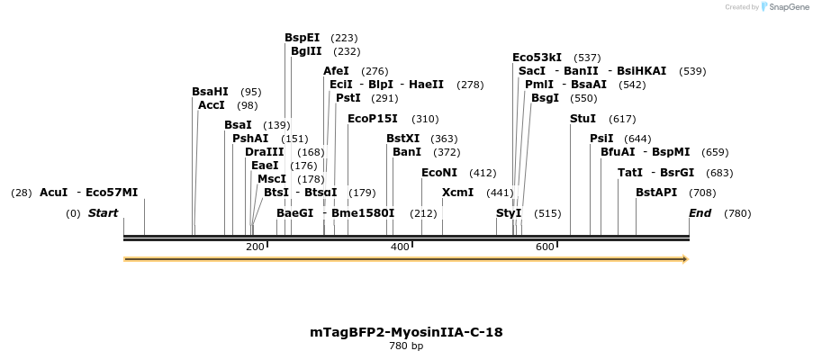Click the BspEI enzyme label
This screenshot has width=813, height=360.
point(302,38)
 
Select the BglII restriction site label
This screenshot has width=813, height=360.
point(306,51)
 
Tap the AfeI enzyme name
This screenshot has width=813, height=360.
point(336,71)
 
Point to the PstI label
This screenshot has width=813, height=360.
point(348,98)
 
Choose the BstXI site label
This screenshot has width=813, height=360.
point(402,139)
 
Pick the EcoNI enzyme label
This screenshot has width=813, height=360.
point(439,173)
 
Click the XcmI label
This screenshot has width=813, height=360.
point(457,193)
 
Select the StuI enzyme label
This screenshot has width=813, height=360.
point(583,119)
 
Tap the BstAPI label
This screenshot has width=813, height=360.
point(656,193)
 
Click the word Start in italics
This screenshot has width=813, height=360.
point(103,213)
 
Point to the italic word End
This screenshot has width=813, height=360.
point(700,213)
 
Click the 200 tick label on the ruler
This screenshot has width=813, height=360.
point(255,247)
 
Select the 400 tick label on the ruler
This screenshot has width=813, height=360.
point(400,247)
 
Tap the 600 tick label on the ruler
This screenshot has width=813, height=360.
point(545,247)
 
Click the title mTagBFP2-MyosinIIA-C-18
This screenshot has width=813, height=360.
point(406,332)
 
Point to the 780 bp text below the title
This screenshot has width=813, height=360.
point(406,346)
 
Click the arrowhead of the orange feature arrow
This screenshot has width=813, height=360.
point(685,259)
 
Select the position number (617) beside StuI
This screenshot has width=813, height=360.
point(622,119)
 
